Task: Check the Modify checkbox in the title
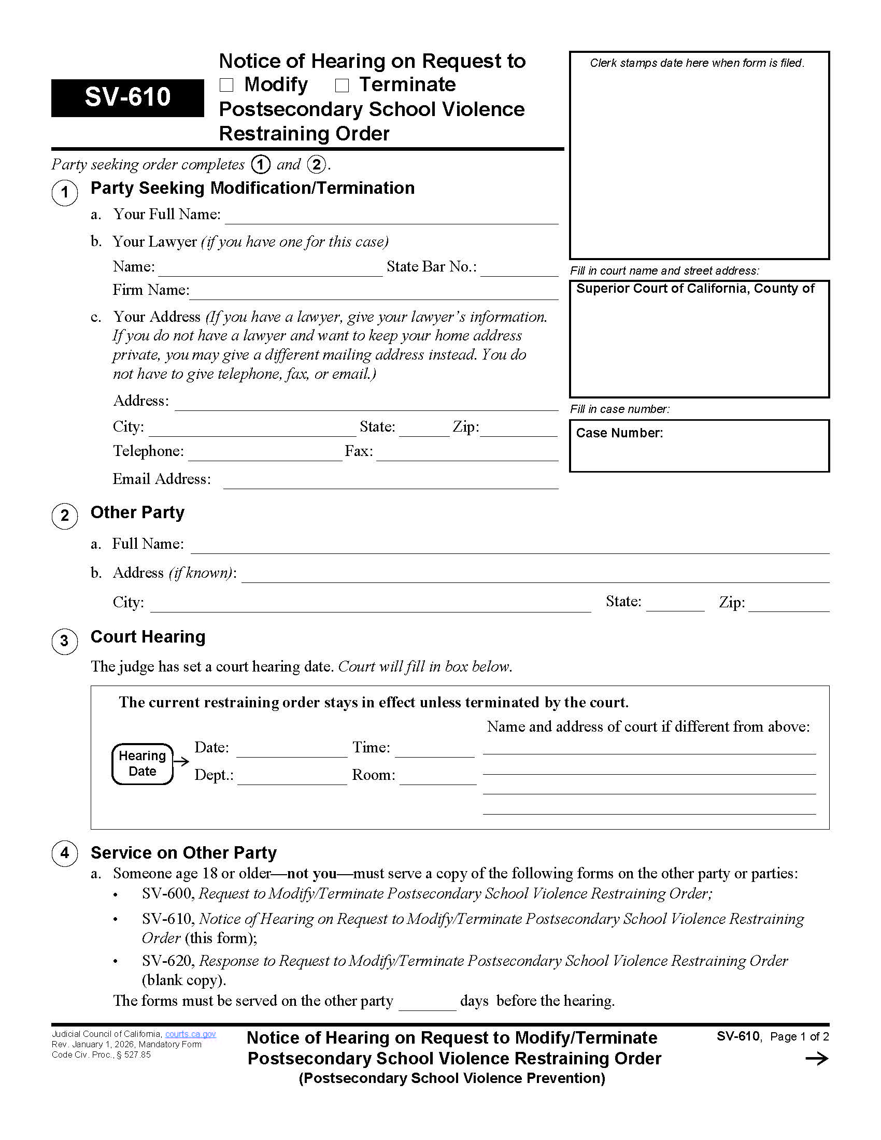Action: click(x=226, y=85)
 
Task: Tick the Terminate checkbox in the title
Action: click(x=342, y=85)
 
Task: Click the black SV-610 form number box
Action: click(x=127, y=97)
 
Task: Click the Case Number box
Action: click(x=699, y=446)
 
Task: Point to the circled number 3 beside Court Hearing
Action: click(x=65, y=641)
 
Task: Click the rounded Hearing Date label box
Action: click(x=143, y=764)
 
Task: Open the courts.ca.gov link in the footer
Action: click(x=191, y=1034)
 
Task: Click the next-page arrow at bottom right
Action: click(x=817, y=1059)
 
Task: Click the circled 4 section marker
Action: click(x=65, y=853)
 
